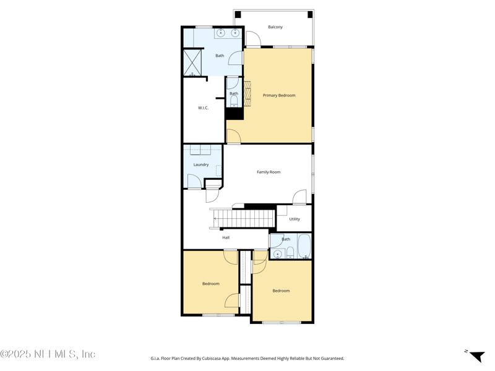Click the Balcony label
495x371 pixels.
click(275, 27)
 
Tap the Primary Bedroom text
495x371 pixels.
click(279, 95)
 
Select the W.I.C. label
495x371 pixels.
click(203, 108)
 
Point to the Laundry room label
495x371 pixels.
click(201, 164)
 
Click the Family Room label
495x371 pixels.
click(269, 172)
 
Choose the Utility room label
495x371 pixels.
click(295, 219)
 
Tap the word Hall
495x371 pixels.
click(226, 237)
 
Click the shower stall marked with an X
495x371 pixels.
click(192, 62)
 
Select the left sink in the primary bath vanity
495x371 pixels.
click(220, 33)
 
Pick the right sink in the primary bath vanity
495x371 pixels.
click(235, 33)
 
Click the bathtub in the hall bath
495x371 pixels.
click(304, 246)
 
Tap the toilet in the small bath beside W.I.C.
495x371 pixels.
click(234, 101)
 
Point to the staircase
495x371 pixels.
click(244, 218)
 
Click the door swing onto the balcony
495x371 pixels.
click(253, 39)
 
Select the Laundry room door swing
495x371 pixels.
click(194, 181)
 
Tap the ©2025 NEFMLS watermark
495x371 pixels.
click(48, 354)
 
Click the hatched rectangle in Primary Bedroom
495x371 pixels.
click(247, 93)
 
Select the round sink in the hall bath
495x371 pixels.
click(278, 254)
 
